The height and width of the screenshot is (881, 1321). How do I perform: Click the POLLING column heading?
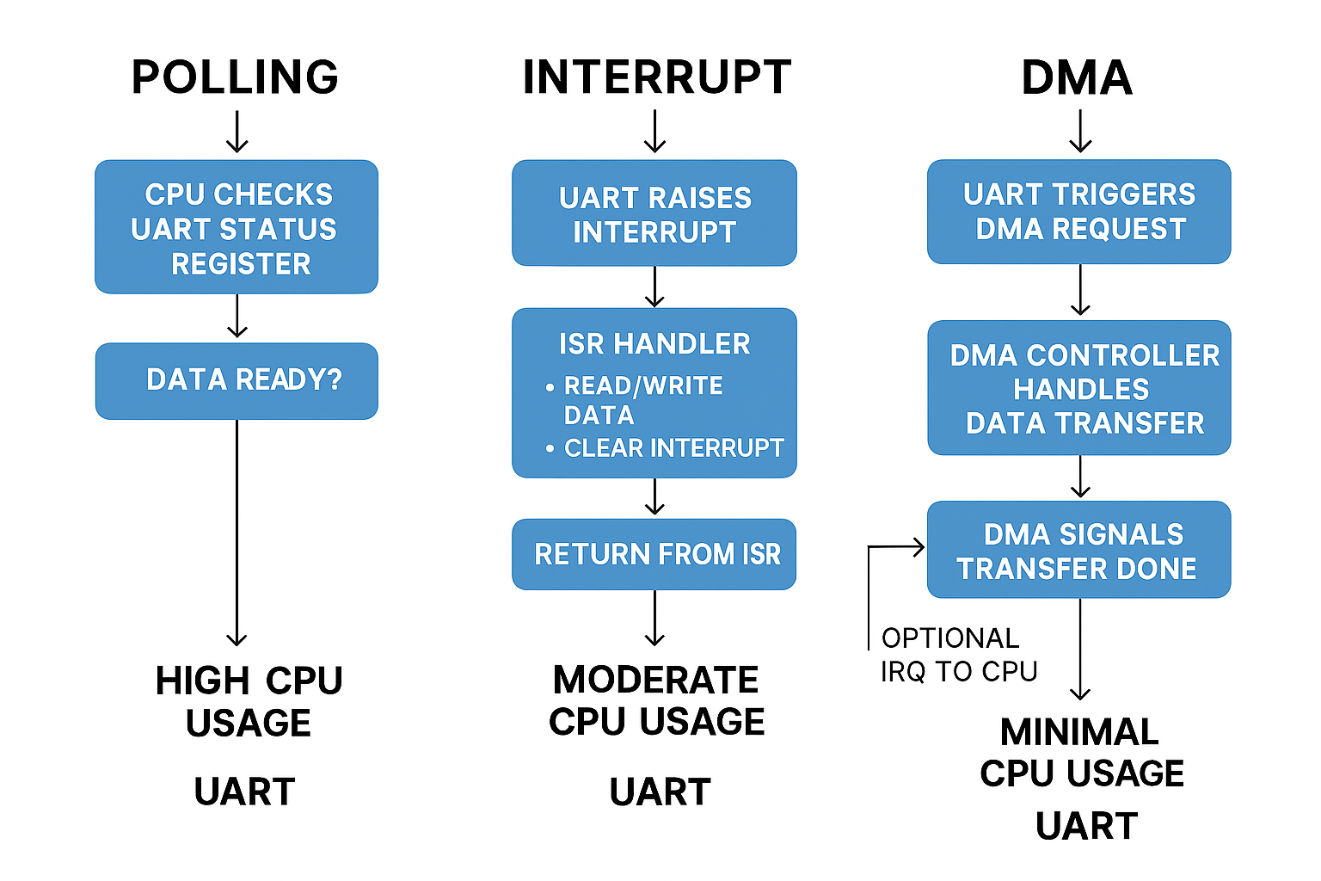(x=235, y=77)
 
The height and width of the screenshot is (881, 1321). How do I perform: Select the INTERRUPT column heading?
(x=656, y=77)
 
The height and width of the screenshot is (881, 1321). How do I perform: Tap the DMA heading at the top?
(x=1077, y=77)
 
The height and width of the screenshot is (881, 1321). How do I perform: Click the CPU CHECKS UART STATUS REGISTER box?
(x=237, y=228)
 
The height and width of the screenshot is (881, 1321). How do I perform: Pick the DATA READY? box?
(x=237, y=380)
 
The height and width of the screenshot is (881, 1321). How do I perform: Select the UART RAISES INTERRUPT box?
(x=654, y=214)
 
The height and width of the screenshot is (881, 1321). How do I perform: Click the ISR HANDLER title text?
(x=654, y=344)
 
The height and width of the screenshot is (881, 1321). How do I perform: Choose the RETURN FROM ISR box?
(x=654, y=554)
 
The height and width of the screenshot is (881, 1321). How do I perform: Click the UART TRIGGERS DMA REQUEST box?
(x=1079, y=212)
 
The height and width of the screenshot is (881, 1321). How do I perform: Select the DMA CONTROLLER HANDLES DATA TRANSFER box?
(x=1079, y=389)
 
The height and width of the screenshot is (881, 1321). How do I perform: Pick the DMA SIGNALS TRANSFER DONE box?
(x=1079, y=551)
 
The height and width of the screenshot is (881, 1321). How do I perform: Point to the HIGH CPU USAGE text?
(x=249, y=701)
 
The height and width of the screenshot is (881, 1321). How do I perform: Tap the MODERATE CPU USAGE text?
(x=656, y=700)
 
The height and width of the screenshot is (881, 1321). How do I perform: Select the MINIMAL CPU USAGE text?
(x=1081, y=753)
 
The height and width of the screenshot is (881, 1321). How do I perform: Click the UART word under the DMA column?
(x=1086, y=827)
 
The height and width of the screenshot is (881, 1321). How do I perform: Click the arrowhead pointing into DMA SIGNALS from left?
(x=919, y=546)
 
